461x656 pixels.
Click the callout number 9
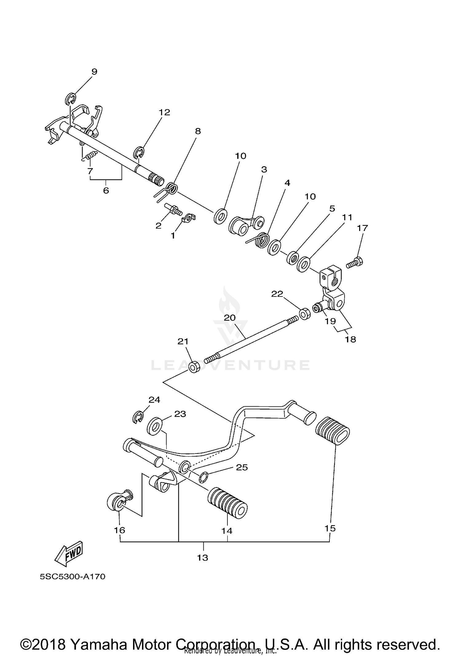coord(94,72)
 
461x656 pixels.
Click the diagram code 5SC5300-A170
coord(73,576)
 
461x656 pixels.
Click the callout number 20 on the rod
coord(230,318)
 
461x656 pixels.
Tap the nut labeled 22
coord(304,314)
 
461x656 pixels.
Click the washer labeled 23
coord(155,426)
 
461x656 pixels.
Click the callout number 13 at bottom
coord(203,557)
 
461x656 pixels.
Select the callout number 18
coord(350,339)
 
